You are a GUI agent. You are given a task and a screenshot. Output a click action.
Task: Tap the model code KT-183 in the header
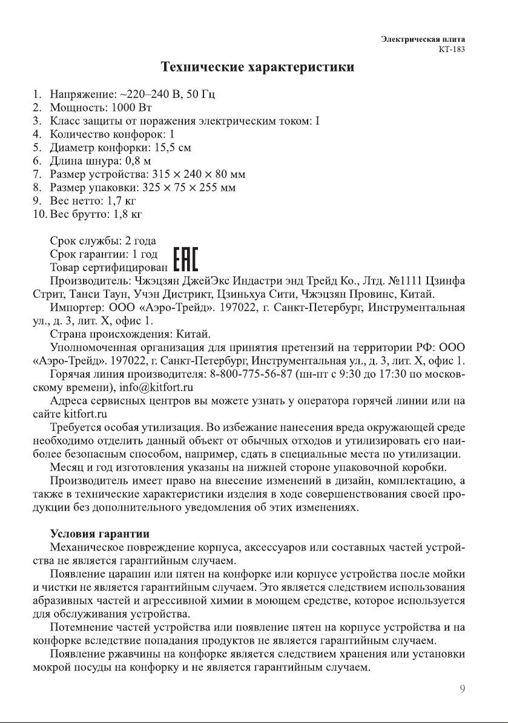click(451, 50)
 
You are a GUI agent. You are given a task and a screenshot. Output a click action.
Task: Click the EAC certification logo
click(186, 260)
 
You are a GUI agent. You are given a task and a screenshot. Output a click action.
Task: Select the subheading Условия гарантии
click(99, 533)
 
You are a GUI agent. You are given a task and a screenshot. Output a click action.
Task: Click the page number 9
click(462, 688)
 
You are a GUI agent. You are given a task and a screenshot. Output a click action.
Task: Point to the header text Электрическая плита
click(427, 39)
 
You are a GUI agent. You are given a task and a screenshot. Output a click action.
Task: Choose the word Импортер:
click(79, 308)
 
